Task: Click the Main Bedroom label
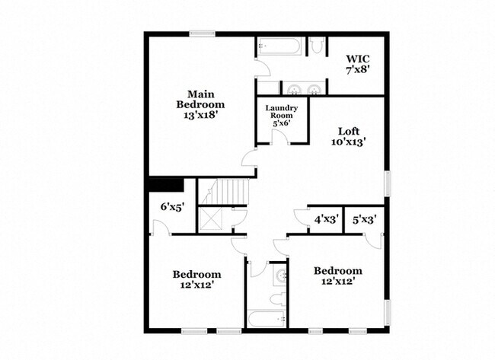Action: (200, 104)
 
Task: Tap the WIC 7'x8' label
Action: (358, 64)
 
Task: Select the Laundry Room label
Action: (281, 116)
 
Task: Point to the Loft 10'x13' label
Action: (349, 136)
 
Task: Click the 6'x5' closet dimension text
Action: (172, 207)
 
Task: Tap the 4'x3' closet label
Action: (327, 219)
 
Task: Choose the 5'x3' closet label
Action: (364, 219)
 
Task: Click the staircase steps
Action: (226, 192)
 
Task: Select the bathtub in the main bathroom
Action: (279, 46)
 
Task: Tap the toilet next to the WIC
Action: (316, 45)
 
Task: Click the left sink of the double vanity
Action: (294, 89)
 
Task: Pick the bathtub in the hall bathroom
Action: (267, 319)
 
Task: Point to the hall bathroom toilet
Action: (279, 299)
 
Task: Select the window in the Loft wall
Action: (388, 183)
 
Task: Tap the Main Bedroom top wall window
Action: (203, 33)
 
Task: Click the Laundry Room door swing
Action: (279, 136)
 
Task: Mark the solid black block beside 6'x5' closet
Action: (166, 185)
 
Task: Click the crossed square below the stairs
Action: (210, 218)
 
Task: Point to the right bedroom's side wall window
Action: (388, 312)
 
